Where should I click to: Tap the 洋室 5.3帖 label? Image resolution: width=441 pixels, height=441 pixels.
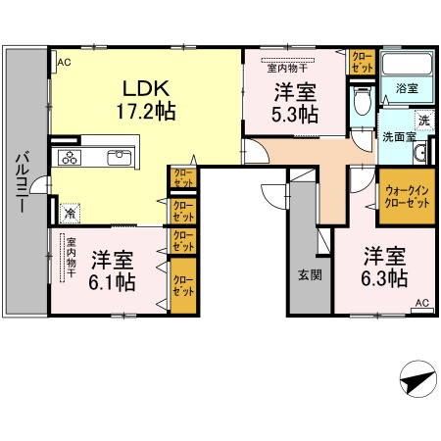pyautogui.click(x=294, y=103)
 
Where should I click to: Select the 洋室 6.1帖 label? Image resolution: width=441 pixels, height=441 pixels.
pyautogui.click(x=113, y=270)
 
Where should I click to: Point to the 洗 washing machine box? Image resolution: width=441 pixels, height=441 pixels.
pyautogui.click(x=424, y=121)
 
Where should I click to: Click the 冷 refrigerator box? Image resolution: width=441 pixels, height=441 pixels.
pyautogui.click(x=71, y=211)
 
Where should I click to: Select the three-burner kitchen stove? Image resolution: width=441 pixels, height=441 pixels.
pyautogui.click(x=71, y=158)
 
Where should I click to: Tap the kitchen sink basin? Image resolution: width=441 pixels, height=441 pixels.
pyautogui.click(x=122, y=157)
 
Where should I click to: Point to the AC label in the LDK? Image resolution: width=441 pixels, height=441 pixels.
pyautogui.click(x=64, y=63)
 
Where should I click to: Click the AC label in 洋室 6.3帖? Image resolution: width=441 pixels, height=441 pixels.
pyautogui.click(x=421, y=304)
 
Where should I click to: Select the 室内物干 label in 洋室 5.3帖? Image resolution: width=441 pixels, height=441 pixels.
pyautogui.click(x=289, y=69)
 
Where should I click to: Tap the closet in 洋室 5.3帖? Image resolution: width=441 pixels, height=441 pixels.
pyautogui.click(x=362, y=63)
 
